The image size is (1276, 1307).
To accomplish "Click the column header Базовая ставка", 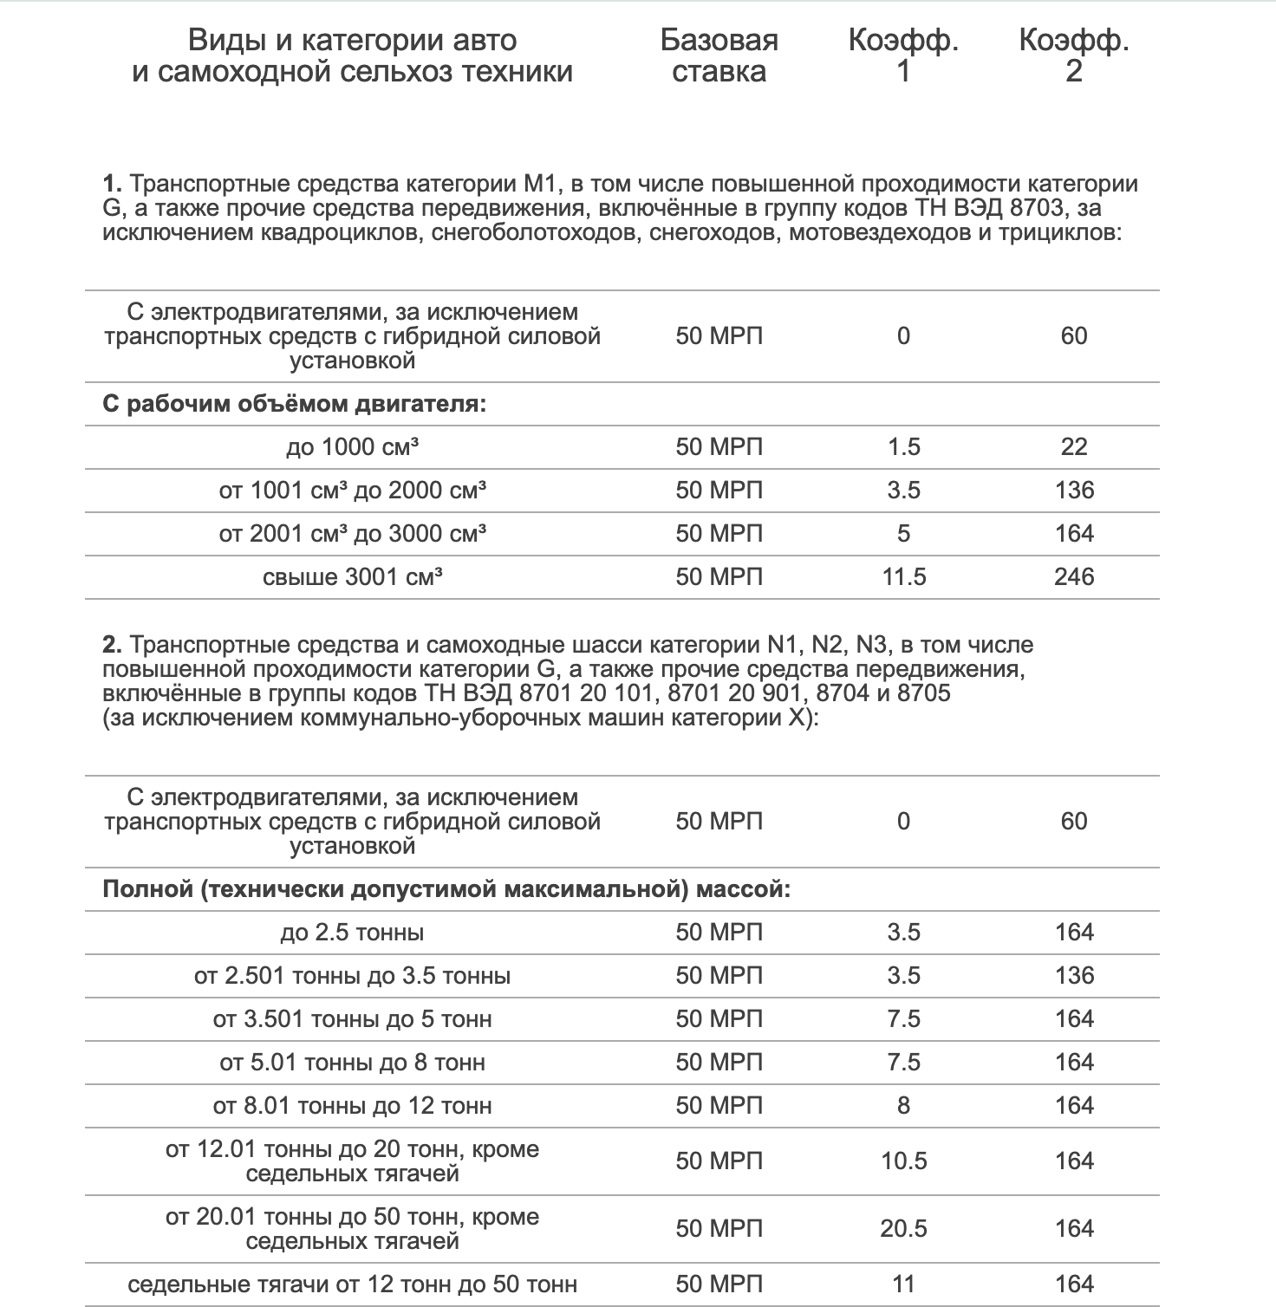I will click(x=719, y=55).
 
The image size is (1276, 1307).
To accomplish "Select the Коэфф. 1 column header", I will click(x=903, y=55).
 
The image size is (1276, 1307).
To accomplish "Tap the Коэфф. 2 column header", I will click(x=1073, y=55).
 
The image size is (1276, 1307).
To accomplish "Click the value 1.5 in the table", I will click(x=903, y=447).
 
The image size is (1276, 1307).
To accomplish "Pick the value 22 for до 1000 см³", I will click(x=1073, y=447).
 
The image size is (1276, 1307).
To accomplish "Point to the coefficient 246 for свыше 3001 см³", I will click(x=1073, y=577).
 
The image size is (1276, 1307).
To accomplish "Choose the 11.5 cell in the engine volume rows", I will click(x=903, y=577).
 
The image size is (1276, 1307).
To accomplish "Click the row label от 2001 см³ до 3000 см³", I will click(x=352, y=534).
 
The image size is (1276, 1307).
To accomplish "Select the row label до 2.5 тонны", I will click(x=352, y=933).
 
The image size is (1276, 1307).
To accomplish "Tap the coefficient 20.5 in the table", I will click(x=903, y=1229).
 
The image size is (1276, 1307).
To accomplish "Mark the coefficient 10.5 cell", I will click(x=903, y=1161).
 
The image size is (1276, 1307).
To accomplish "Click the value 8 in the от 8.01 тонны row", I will click(x=903, y=1106).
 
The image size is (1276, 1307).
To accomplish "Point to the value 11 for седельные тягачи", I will click(x=903, y=1284).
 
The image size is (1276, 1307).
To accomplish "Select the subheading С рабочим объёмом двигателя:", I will click(x=294, y=404).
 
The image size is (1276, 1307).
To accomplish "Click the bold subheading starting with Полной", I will click(x=446, y=890).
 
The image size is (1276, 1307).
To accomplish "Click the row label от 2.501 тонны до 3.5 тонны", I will click(x=352, y=976).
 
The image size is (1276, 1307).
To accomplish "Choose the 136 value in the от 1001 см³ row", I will click(x=1073, y=491).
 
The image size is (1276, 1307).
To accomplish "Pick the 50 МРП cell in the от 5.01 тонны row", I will click(x=719, y=1063).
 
